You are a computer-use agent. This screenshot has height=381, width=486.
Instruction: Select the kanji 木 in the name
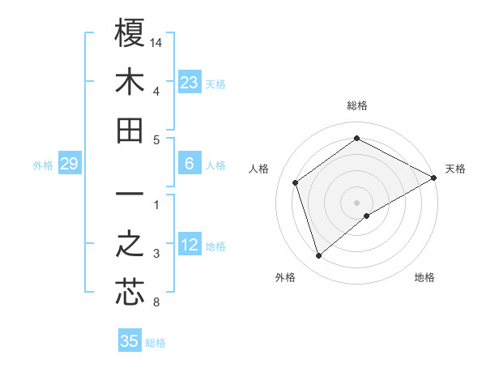(x=130, y=82)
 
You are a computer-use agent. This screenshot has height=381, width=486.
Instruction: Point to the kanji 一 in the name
(x=130, y=195)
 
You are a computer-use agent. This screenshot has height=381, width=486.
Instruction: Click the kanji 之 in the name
(x=130, y=245)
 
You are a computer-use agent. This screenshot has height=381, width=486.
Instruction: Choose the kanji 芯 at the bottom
(x=130, y=293)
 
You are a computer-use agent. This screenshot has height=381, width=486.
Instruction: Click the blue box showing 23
(x=190, y=82)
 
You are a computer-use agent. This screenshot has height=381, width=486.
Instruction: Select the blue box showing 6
(x=190, y=164)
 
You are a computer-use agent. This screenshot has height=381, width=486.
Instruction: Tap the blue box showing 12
(x=190, y=245)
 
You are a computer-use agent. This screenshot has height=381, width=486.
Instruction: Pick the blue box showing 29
(x=69, y=165)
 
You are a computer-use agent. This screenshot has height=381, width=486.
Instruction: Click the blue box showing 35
(x=130, y=341)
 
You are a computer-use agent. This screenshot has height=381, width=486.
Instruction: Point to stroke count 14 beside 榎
(x=157, y=41)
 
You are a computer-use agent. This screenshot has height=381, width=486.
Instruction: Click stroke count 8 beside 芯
(x=156, y=303)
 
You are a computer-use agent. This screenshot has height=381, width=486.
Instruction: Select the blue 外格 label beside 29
(x=43, y=165)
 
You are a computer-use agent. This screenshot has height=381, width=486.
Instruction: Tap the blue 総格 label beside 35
(x=156, y=342)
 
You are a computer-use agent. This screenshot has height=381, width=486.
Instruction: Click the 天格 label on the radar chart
(x=455, y=169)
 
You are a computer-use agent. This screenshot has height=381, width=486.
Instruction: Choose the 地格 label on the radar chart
(x=424, y=277)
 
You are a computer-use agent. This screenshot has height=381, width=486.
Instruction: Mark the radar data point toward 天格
(x=434, y=178)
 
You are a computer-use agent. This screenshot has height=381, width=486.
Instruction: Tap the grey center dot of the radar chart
(x=356, y=202)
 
